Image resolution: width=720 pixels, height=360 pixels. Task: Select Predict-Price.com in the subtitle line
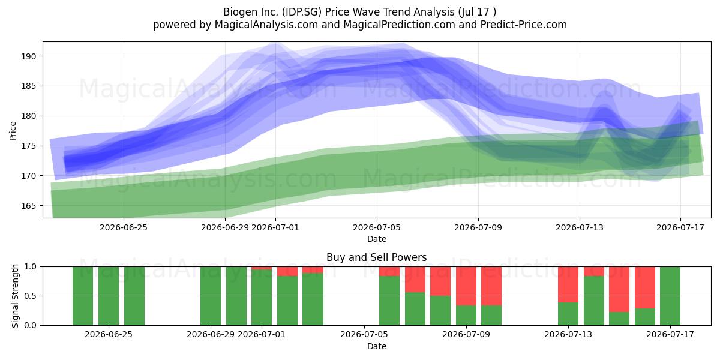(524, 25)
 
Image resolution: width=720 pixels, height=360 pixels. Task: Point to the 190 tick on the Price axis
(29, 56)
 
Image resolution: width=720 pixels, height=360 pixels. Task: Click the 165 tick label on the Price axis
(29, 206)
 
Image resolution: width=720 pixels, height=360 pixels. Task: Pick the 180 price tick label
(29, 116)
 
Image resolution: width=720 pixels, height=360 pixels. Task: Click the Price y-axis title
(13, 131)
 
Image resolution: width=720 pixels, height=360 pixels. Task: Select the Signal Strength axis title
(15, 296)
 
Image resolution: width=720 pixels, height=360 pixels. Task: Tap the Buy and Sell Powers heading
(376, 257)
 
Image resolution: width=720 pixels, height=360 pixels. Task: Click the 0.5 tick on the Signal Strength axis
(31, 296)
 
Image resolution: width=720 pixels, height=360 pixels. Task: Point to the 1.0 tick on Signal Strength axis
(31, 267)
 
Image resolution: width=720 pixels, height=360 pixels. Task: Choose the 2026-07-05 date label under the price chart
(377, 227)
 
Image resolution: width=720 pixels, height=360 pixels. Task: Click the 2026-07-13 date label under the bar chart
(568, 334)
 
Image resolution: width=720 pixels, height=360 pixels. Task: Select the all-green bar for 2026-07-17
(670, 296)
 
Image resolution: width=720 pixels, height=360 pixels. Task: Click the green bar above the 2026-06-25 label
(109, 296)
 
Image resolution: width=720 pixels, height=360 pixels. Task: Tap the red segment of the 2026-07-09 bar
(466, 286)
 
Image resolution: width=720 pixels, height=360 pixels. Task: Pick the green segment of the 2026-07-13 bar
(568, 314)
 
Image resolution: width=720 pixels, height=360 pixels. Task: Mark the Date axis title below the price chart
(377, 239)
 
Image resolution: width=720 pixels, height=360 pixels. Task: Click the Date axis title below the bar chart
(377, 346)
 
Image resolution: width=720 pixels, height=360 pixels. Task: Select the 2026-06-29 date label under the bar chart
(211, 334)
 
